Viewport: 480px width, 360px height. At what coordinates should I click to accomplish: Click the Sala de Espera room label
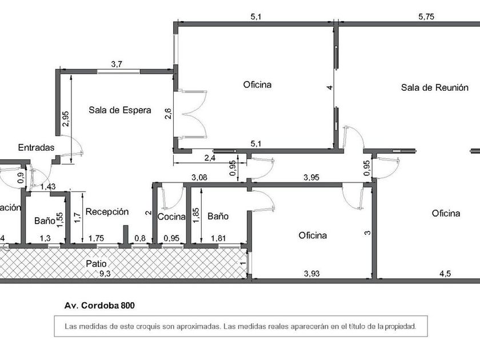120,110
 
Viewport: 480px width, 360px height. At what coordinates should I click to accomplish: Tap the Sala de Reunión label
435,87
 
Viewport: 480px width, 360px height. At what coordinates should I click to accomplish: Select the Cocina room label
171,217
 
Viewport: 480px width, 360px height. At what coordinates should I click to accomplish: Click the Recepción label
107,212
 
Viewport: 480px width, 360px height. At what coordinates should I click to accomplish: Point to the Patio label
96,263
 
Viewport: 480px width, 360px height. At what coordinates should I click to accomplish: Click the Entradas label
36,147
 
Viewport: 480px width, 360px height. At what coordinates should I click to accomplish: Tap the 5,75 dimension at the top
426,17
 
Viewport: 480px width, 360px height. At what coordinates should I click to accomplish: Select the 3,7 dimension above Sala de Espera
117,64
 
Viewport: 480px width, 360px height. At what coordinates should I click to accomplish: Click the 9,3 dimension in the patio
105,274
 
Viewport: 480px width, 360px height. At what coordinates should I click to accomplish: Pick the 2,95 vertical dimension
66,119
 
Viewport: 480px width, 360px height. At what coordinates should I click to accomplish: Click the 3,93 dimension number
312,273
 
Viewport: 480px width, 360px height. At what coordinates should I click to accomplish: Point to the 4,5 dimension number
445,274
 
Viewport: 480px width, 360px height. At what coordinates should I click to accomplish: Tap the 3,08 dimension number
199,177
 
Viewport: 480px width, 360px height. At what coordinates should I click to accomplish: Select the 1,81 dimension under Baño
218,238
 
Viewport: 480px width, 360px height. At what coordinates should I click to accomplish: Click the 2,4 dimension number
210,158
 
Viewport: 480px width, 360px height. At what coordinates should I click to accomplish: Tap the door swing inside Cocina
171,197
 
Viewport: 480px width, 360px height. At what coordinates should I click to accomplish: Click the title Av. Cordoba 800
99,306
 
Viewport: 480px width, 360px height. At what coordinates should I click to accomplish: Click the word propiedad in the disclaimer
401,326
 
